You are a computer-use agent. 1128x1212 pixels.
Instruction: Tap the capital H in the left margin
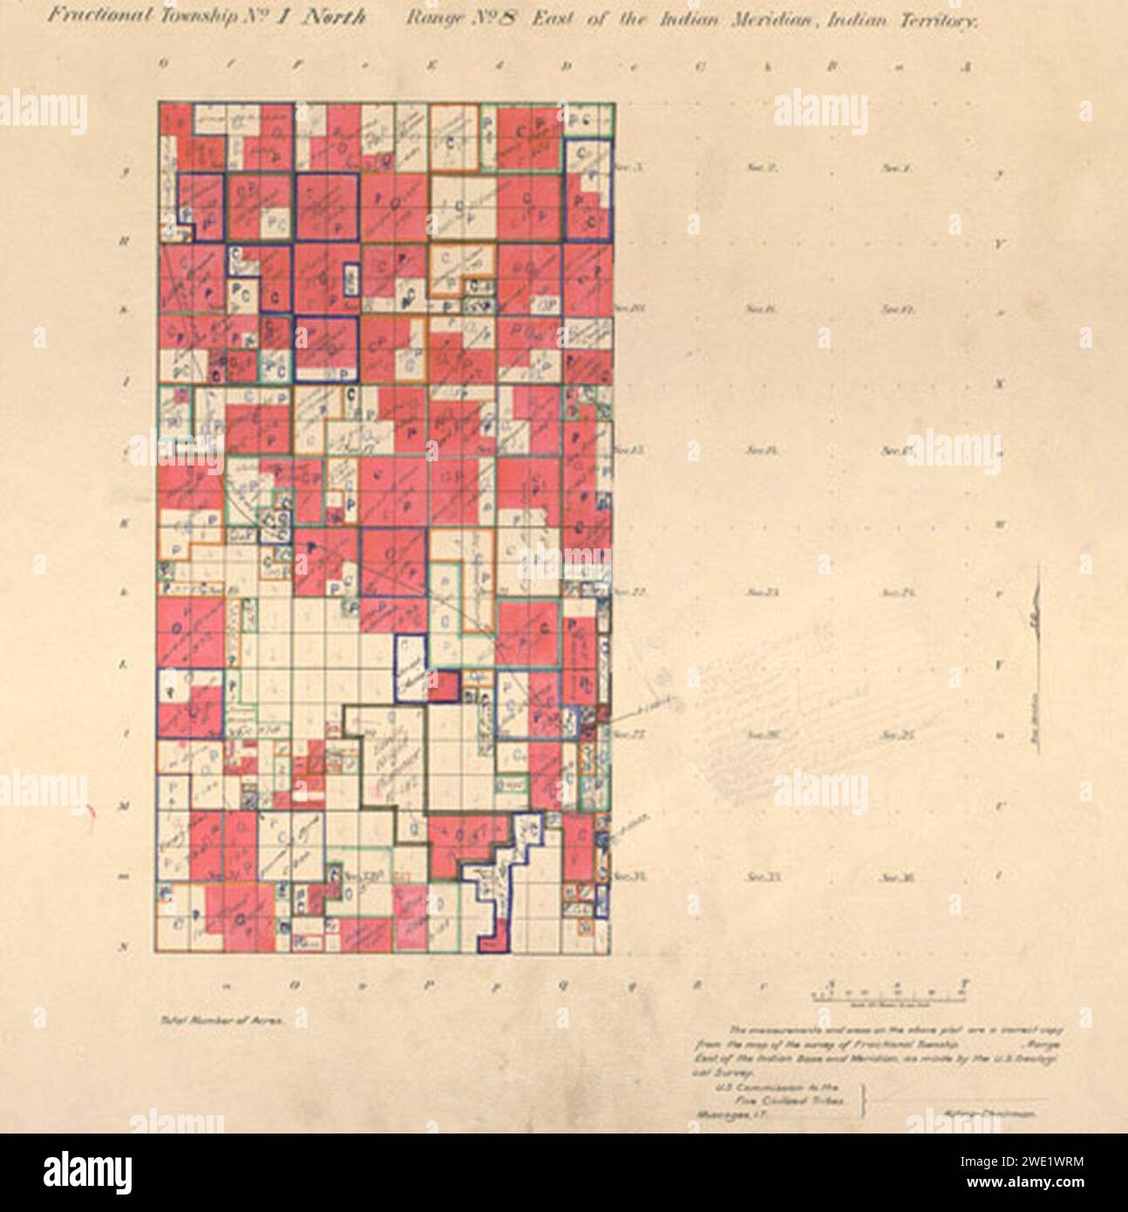point(126,243)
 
